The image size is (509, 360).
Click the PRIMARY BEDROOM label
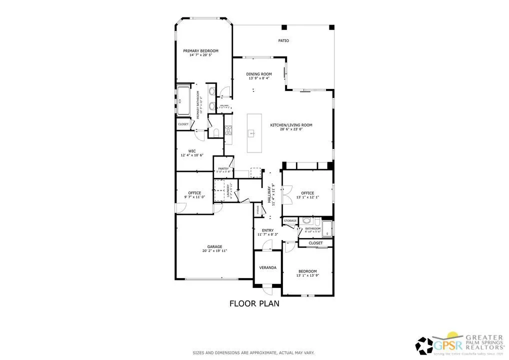point(200,50)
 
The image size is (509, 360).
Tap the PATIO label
point(283,40)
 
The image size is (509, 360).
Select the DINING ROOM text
point(259,73)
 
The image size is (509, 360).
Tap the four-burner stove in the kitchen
point(228,130)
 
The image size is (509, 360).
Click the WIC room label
point(191,150)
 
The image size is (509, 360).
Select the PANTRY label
point(223,169)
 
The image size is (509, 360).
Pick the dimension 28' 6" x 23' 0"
point(291,130)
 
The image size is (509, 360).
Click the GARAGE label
point(215,246)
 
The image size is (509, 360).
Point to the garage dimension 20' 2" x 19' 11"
point(215,251)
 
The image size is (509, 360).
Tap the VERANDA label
point(267,268)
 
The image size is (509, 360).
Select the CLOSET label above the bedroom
point(315,243)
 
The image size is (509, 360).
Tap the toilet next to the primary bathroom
point(215,132)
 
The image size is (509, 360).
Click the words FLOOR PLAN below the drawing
point(254,303)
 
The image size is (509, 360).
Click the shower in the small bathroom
point(327,228)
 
